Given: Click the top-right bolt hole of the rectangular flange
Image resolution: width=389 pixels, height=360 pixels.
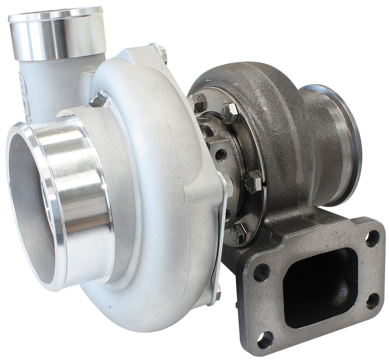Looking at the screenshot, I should [x=372, y=238].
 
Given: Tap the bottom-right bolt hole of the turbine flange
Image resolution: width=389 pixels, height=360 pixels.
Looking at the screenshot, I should [x=373, y=301].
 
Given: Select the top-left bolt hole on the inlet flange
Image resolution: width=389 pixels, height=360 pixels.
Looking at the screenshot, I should [x=261, y=272].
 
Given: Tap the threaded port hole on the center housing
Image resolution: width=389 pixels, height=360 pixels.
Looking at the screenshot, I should [x=220, y=155].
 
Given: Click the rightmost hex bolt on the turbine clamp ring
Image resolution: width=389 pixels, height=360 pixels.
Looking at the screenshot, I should [x=254, y=181].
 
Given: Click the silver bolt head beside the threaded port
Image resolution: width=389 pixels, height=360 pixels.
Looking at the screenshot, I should [x=229, y=184].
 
